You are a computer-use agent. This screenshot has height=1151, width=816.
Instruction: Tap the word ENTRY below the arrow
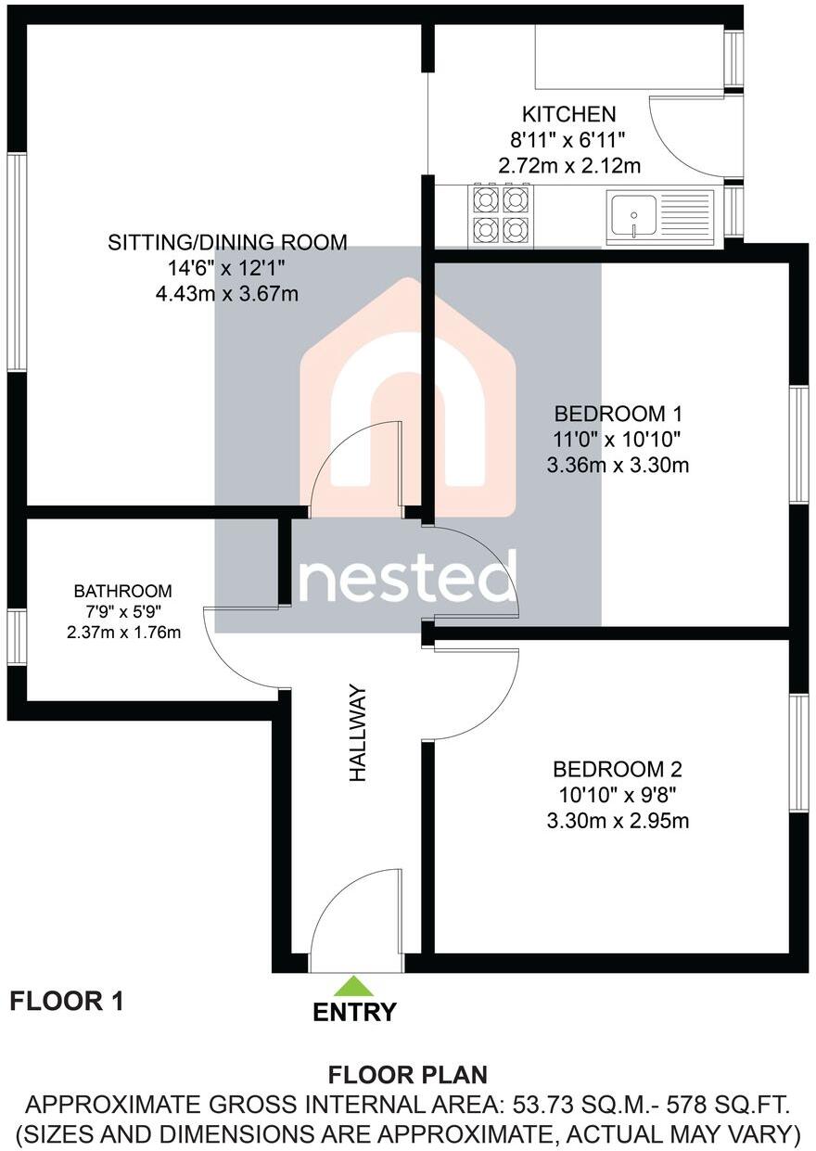[x=354, y=1012]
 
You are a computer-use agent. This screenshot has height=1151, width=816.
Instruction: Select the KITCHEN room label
[x=568, y=114]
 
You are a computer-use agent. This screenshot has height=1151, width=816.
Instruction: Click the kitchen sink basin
[x=632, y=215]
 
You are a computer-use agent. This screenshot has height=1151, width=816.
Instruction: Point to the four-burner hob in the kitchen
[x=501, y=214]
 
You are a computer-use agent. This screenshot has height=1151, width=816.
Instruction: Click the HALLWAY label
[x=358, y=733]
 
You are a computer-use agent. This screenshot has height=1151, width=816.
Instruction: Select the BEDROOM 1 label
[x=618, y=413]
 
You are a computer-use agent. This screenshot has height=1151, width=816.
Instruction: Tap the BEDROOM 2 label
[x=618, y=769]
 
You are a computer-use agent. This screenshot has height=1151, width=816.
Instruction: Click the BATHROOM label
[x=123, y=591]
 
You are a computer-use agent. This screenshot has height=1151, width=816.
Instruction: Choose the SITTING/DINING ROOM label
[x=228, y=243]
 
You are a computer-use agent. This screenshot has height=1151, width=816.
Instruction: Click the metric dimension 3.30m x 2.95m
[x=618, y=821]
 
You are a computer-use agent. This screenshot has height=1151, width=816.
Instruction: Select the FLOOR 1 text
[x=66, y=1001]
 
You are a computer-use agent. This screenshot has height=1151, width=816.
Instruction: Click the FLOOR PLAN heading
[x=408, y=1075]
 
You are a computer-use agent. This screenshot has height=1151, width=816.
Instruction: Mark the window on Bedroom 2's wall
[x=798, y=753]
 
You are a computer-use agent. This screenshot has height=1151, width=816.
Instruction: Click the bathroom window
[x=17, y=637]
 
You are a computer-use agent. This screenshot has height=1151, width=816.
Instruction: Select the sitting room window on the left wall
[x=17, y=262]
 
